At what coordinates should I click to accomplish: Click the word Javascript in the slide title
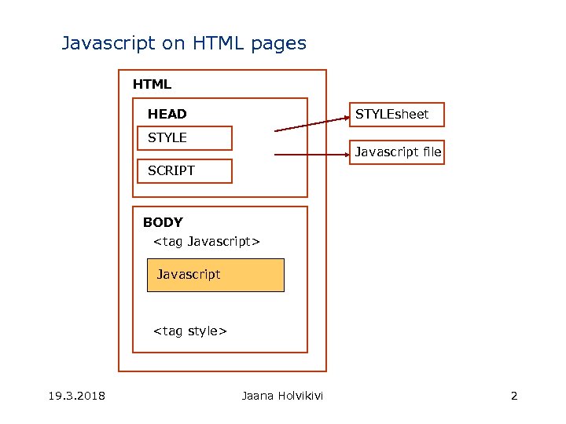click(108, 44)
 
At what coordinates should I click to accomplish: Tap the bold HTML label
click(152, 84)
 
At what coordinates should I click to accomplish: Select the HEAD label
click(167, 114)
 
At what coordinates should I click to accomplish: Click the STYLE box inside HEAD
click(185, 138)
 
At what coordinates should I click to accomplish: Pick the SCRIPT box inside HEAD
click(185, 170)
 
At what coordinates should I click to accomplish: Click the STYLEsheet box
click(398, 115)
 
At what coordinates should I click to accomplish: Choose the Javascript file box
click(398, 152)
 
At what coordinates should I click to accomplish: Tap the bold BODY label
click(163, 222)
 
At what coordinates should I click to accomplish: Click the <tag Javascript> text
click(206, 241)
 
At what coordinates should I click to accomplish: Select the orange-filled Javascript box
click(215, 275)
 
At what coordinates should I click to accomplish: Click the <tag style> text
click(189, 331)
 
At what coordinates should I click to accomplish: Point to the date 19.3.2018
click(75, 395)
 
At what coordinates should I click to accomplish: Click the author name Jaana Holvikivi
click(282, 395)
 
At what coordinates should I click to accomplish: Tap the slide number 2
click(514, 395)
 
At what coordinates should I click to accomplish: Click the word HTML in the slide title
click(216, 44)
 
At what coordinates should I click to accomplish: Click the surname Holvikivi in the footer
click(300, 395)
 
